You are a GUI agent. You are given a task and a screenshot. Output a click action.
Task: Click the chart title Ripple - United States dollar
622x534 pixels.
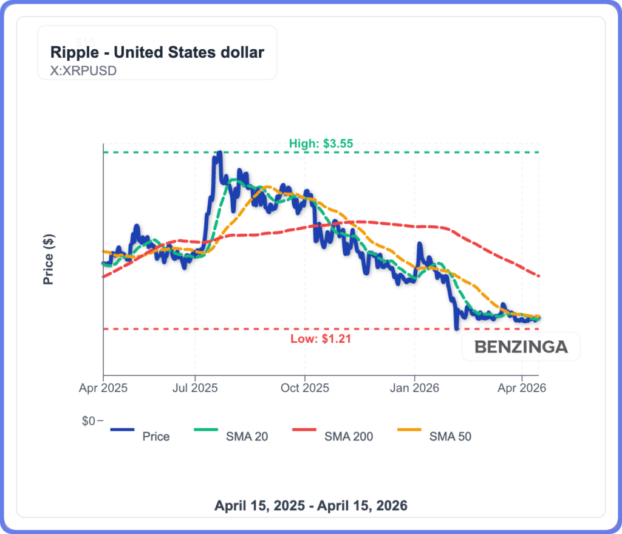[x=157, y=52]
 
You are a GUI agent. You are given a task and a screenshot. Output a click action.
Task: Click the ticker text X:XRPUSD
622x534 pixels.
[x=83, y=70]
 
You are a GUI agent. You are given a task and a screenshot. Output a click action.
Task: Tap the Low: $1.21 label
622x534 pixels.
[x=321, y=338]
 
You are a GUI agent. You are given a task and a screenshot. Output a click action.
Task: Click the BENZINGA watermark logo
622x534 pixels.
[x=521, y=347]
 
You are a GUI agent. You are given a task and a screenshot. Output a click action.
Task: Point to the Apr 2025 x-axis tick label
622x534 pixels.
[x=103, y=387]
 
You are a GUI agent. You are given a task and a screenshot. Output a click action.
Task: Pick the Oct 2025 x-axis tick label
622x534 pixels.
[x=304, y=387]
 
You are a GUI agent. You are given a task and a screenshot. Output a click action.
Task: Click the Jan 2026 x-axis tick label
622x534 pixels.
[x=414, y=387]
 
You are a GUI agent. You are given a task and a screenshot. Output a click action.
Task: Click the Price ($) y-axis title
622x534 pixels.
[x=48, y=259]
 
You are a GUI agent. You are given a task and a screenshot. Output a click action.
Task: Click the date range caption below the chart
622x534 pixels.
[x=311, y=505]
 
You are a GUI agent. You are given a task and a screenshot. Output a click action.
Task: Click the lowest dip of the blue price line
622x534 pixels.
[x=456, y=329]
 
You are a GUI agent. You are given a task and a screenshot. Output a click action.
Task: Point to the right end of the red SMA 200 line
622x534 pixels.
[x=539, y=276]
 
